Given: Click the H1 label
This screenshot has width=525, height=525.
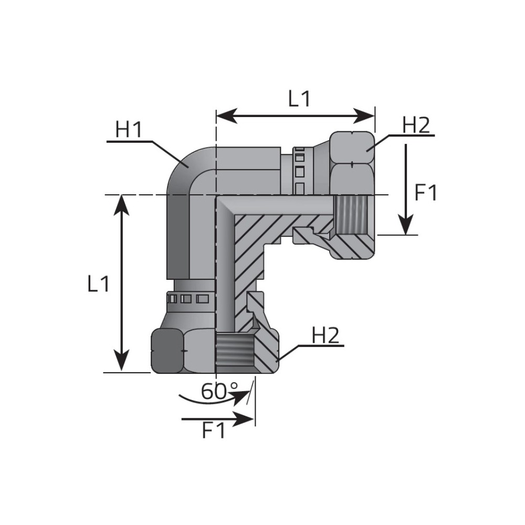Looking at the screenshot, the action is pyautogui.click(x=129, y=130).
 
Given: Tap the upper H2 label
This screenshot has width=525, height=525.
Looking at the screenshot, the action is pyautogui.click(x=416, y=125).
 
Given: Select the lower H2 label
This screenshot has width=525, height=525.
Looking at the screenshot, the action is pyautogui.click(x=325, y=335).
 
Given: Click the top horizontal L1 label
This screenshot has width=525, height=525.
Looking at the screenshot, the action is pyautogui.click(x=300, y=99).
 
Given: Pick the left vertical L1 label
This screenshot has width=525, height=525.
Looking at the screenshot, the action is pyautogui.click(x=99, y=284).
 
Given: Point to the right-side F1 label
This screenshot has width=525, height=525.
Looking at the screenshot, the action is pyautogui.click(x=426, y=193).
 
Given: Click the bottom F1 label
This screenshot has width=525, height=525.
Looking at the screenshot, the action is pyautogui.click(x=214, y=430).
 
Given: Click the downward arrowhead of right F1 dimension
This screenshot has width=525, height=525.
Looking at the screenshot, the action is pyautogui.click(x=405, y=225).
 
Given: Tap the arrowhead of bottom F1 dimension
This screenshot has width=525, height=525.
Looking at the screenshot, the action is pyautogui.click(x=243, y=419).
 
